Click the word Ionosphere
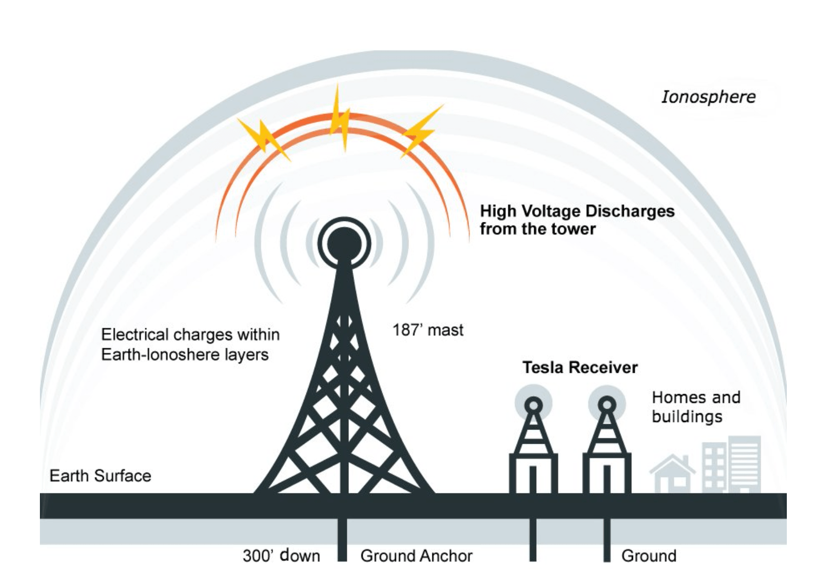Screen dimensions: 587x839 (708, 97)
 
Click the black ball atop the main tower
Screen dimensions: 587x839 (344, 243)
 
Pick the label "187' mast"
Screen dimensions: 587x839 (428, 330)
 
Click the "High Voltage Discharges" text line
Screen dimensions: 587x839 (577, 211)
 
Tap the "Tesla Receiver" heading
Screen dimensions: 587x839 (580, 368)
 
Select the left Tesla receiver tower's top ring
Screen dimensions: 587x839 (534, 405)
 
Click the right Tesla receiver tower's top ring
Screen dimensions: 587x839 (607, 405)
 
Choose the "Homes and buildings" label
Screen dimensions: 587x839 (696, 407)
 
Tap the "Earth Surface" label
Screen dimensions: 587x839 (100, 476)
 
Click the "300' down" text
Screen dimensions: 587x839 (281, 556)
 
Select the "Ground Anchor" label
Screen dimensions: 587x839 (416, 556)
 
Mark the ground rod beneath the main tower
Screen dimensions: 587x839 (342, 539)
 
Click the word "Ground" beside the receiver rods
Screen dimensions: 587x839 (649, 556)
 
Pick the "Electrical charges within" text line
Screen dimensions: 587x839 (190, 335)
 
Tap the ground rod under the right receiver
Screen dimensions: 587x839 (607, 539)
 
